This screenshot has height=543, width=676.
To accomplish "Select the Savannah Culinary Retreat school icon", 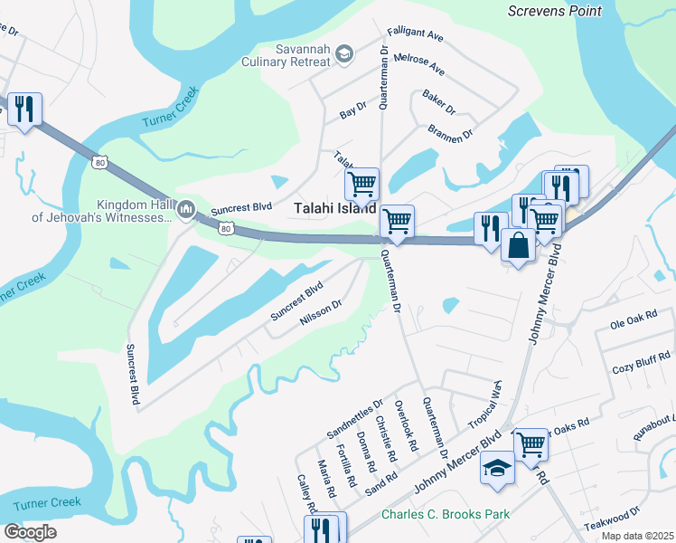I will click(x=344, y=55).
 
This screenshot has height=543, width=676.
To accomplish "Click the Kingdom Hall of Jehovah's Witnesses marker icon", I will click(x=186, y=210).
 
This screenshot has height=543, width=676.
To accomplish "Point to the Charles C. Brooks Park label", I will click(x=445, y=514).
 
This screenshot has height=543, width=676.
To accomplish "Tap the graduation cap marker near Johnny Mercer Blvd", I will click(x=497, y=468).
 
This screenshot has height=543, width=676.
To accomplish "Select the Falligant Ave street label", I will click(x=415, y=35).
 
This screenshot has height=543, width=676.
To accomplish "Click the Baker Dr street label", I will click(x=438, y=100).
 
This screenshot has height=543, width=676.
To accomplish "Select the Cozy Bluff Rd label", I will click(x=636, y=368).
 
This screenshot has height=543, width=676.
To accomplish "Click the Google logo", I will click(x=30, y=532).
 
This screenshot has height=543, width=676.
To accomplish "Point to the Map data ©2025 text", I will click(x=637, y=536).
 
